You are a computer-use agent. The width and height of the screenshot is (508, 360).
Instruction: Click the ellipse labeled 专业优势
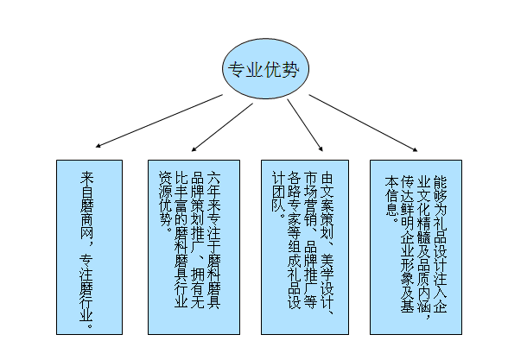[x=265, y=69]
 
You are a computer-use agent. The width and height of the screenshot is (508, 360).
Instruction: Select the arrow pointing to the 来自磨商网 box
[x=159, y=121]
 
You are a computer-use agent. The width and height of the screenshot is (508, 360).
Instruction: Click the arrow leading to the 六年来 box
[x=222, y=127]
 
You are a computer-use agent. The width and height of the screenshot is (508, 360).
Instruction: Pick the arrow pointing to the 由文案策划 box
[x=305, y=125]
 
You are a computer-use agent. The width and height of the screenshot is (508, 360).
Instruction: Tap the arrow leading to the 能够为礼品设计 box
[x=363, y=123]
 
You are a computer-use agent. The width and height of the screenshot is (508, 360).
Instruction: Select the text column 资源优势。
[x=165, y=199]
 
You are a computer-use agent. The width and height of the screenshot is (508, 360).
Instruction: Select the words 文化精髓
[x=423, y=216]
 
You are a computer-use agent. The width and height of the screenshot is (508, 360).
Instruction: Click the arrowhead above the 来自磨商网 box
[x=98, y=146]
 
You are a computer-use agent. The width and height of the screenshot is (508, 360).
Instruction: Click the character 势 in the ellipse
[x=290, y=69]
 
